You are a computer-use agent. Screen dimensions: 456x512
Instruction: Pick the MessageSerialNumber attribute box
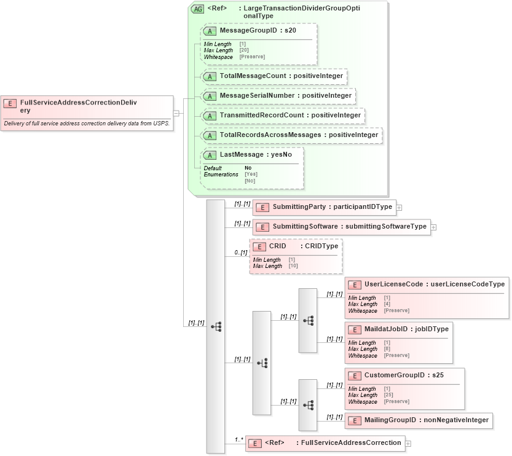(278, 96)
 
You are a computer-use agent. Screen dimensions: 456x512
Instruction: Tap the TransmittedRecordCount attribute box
(283, 116)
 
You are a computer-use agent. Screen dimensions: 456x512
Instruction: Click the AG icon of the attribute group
(197, 9)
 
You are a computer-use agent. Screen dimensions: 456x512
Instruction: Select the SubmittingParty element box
(323, 207)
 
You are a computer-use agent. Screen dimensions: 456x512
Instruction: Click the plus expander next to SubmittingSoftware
(433, 227)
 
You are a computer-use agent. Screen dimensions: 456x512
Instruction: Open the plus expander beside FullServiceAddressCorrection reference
(408, 443)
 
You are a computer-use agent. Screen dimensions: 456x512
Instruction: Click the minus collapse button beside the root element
(176, 113)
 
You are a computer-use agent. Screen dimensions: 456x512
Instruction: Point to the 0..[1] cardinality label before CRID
(240, 253)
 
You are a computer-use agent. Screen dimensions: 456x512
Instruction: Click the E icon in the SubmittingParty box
(262, 208)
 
